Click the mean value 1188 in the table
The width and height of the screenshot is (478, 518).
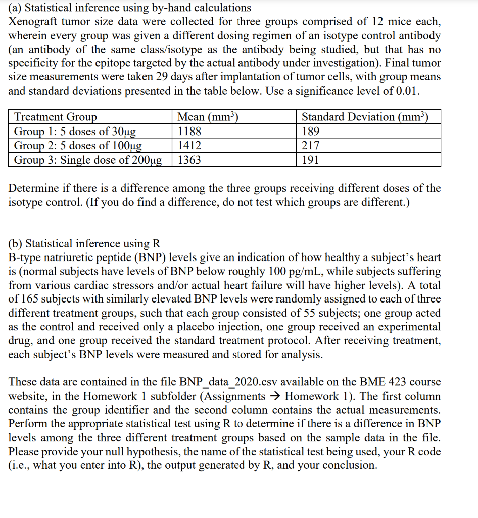tap(189, 132)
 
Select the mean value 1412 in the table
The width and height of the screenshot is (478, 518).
tap(189, 146)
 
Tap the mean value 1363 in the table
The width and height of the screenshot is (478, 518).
tap(189, 160)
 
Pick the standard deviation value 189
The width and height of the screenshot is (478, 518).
tap(311, 132)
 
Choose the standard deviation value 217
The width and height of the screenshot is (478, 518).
tap(311, 146)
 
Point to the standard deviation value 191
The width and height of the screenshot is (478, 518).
tap(310, 160)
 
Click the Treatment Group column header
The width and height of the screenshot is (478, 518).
tap(56, 117)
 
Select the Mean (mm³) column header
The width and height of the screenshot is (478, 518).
tap(208, 117)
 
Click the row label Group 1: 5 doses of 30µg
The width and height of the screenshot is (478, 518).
tap(75, 132)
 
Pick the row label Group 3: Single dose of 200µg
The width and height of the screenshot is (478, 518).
tap(88, 160)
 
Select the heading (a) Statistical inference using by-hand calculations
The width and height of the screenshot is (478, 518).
tap(130, 8)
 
